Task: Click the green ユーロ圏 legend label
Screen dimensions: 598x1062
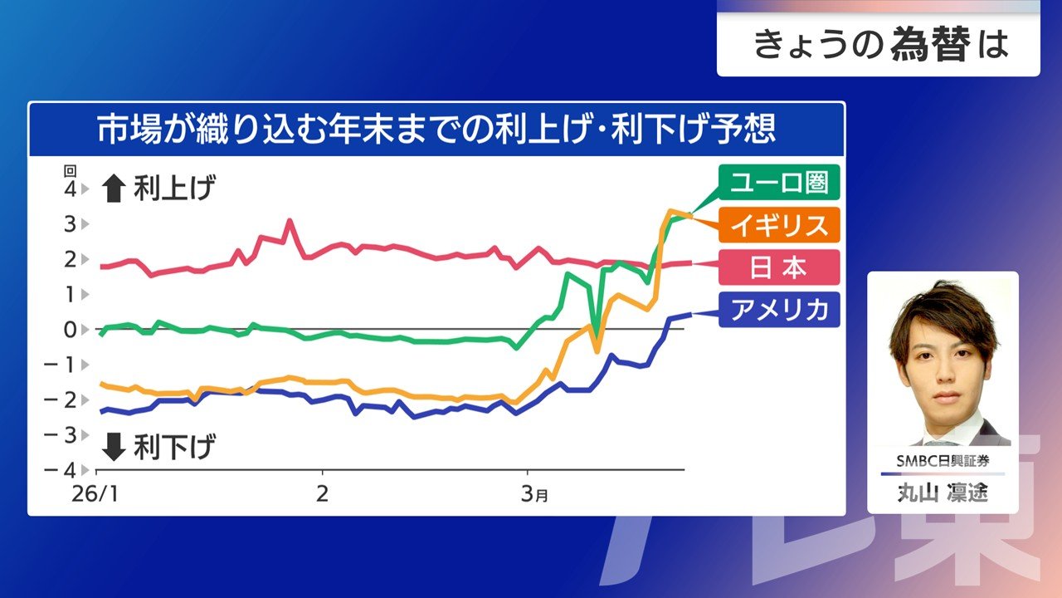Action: (780, 182)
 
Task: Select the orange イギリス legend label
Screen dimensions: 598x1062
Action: (780, 225)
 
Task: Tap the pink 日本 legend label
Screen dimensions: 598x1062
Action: (780, 267)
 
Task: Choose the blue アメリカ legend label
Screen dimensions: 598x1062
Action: (780, 310)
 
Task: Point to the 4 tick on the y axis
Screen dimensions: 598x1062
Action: (71, 189)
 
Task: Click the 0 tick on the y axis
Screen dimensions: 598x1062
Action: (71, 330)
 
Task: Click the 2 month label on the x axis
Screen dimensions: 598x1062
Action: (322, 494)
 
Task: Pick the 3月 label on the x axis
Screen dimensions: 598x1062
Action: (534, 494)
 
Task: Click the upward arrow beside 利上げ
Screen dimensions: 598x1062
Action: (111, 191)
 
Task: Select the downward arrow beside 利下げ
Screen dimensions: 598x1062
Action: (111, 448)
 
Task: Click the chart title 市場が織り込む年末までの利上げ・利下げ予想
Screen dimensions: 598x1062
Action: (436, 130)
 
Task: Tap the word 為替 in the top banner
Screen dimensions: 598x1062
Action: (929, 45)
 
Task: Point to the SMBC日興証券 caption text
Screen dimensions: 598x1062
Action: (943, 461)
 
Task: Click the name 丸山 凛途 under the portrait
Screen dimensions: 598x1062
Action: (943, 493)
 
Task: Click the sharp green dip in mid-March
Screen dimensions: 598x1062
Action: (597, 350)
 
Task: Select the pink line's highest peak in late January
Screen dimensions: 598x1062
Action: (289, 221)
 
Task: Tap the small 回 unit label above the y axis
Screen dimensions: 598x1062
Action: (70, 171)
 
